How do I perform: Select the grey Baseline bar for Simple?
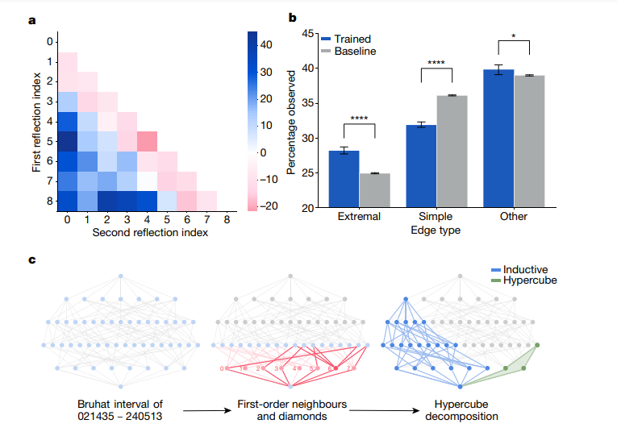[x=452, y=152]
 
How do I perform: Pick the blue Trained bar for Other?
[x=498, y=139]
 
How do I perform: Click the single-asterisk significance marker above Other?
[x=515, y=37]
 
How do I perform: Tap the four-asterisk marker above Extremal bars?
[x=358, y=119]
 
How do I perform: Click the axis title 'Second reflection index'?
[x=151, y=233]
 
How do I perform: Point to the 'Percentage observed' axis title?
[x=292, y=121]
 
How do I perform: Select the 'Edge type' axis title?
[x=436, y=231]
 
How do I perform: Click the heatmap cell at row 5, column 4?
[x=146, y=141]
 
